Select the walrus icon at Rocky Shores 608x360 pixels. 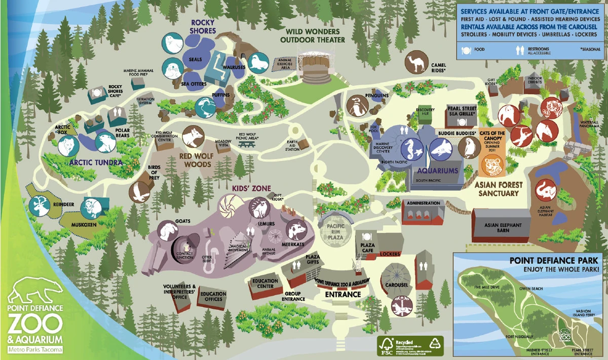click(x=258, y=63)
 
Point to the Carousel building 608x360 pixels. click(x=395, y=278)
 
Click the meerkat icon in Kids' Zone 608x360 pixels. click(x=297, y=231)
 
